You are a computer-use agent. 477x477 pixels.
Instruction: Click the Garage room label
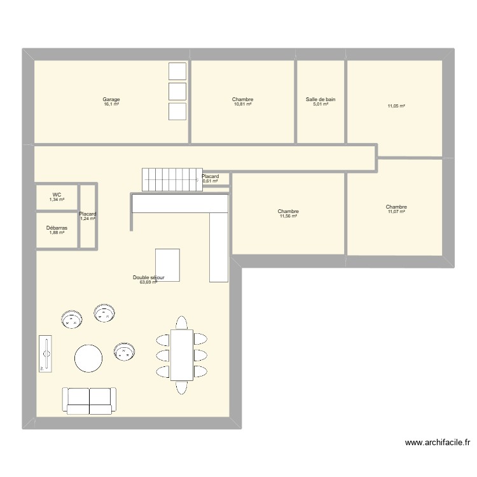coord(111,99)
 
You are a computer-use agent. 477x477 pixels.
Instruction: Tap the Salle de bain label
coord(321,99)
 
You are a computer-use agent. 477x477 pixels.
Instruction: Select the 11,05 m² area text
coord(396,106)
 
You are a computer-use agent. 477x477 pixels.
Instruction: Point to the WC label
coord(57,195)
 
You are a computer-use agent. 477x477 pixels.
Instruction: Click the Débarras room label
coord(57,228)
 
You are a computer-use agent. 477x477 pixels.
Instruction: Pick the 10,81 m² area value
coord(243,104)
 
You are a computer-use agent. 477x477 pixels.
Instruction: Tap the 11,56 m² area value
coord(288,216)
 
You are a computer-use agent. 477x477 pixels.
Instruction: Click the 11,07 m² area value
coord(396,211)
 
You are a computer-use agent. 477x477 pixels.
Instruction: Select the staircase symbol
coord(169,179)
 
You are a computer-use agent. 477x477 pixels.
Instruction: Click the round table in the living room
coord(88,358)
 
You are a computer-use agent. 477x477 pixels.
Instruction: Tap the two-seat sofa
coord(90,400)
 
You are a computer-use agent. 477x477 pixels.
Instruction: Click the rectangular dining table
coord(182,354)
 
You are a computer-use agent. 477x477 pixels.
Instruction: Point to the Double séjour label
coord(149,277)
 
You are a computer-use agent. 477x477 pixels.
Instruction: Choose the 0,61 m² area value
coord(211,181)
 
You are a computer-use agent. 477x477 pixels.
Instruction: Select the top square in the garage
coord(177,71)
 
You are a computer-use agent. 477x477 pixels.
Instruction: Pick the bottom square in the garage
coord(177,112)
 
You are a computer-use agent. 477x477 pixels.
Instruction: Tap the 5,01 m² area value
coord(321,104)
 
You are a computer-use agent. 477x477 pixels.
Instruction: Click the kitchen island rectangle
coord(167,264)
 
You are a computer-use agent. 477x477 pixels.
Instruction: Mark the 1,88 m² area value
coord(57,232)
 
